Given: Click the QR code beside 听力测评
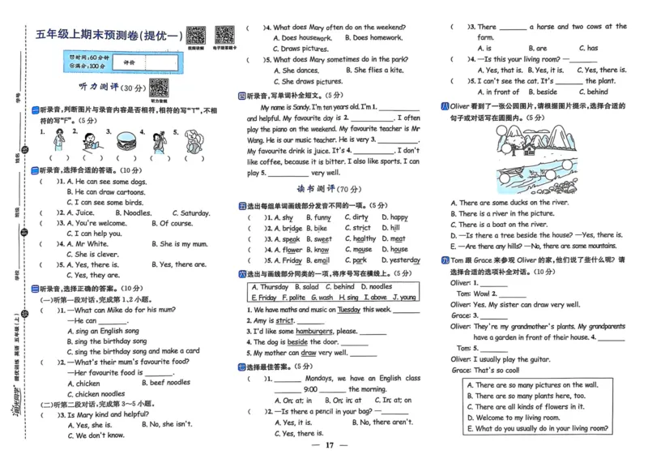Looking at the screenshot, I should click(x=159, y=88).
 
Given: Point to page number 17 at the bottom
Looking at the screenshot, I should click(x=330, y=445).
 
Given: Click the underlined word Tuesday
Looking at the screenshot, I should click(x=349, y=310).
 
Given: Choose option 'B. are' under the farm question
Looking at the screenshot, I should click(x=538, y=48).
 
